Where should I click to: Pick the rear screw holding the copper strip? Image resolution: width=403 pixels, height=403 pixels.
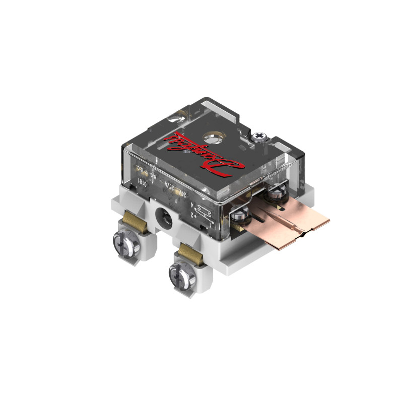pyautogui.click(x=276, y=192)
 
